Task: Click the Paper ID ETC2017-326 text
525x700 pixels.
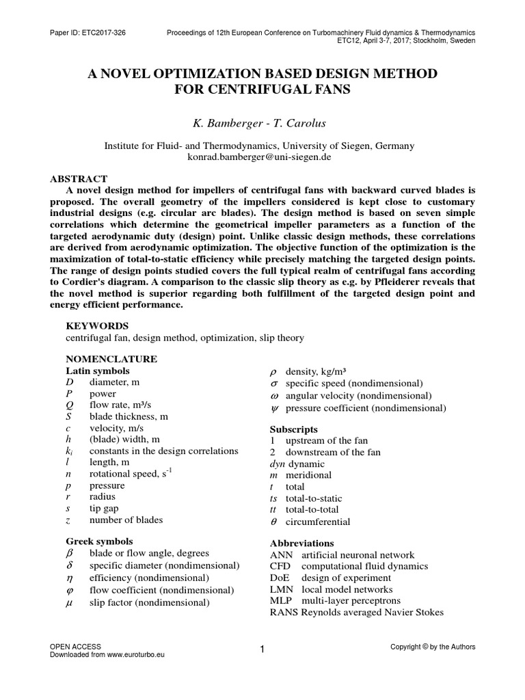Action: tap(87, 32)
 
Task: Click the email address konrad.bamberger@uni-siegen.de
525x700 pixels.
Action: tap(262, 157)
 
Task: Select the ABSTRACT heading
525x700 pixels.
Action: tap(79, 178)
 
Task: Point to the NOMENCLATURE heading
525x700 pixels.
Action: tap(111, 359)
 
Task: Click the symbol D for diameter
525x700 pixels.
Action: tap(69, 382)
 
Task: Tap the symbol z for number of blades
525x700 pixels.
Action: tap(68, 520)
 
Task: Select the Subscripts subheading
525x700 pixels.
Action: tap(293, 429)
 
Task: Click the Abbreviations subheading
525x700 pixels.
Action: tap(302, 543)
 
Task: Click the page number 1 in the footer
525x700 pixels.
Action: tap(262, 649)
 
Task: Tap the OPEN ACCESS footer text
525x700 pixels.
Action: tap(76, 646)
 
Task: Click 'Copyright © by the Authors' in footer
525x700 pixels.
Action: tap(432, 647)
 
